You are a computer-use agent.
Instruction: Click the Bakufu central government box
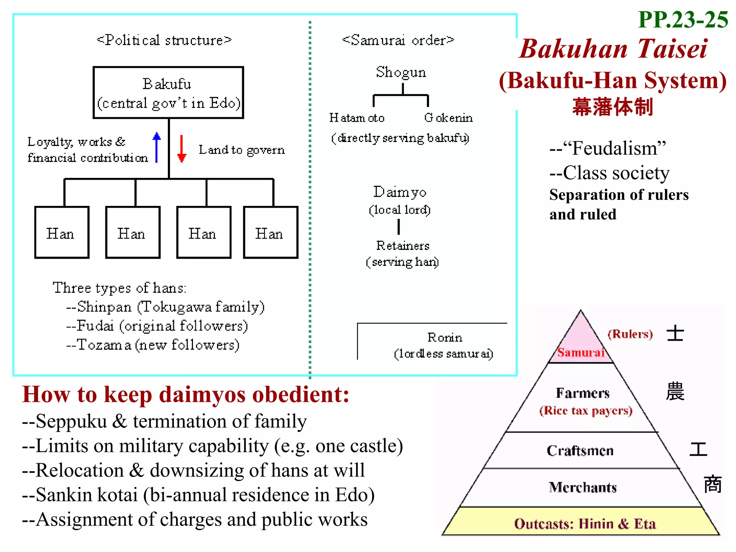pyautogui.click(x=168, y=93)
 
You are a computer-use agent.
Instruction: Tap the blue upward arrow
pyautogui.click(x=156, y=147)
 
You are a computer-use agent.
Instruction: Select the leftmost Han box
pyautogui.click(x=62, y=233)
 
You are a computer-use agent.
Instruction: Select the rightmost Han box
pyautogui.click(x=271, y=233)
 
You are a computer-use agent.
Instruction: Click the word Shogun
pyautogui.click(x=401, y=72)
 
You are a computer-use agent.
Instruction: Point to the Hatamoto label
pyautogui.click(x=357, y=118)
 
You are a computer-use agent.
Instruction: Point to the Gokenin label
pyautogui.click(x=448, y=118)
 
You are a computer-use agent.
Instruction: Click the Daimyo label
pyautogui.click(x=400, y=192)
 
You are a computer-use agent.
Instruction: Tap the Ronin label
pyautogui.click(x=445, y=337)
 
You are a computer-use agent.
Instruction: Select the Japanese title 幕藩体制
pyautogui.click(x=612, y=107)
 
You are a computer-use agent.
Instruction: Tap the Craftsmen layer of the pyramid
pyautogui.click(x=580, y=451)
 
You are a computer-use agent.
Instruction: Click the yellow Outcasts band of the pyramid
pyautogui.click(x=585, y=524)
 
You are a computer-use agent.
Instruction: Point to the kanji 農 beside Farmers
pyautogui.click(x=675, y=392)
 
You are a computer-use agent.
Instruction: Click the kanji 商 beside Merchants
pyautogui.click(x=712, y=484)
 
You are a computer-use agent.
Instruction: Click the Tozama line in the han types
pyautogui.click(x=153, y=345)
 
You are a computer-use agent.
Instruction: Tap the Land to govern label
pyautogui.click(x=241, y=150)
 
